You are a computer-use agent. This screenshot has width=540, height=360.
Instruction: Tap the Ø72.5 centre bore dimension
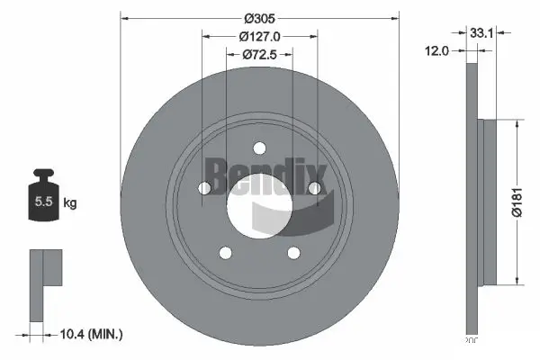[259, 56]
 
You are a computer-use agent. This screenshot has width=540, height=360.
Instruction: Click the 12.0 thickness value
[436, 52]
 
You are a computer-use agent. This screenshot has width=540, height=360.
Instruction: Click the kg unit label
[70, 203]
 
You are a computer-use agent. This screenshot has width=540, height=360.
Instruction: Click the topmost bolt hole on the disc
[259, 149]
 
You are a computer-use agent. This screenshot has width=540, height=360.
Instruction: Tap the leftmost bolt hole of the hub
[203, 188]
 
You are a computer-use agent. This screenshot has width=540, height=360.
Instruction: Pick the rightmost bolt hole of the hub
[315, 188]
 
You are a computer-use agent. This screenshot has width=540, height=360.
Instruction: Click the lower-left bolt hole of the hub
[225, 255]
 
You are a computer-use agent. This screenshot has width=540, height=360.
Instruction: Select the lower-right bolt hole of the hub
[293, 255]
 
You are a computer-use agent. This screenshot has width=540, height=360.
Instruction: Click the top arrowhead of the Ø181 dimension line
[515, 125]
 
